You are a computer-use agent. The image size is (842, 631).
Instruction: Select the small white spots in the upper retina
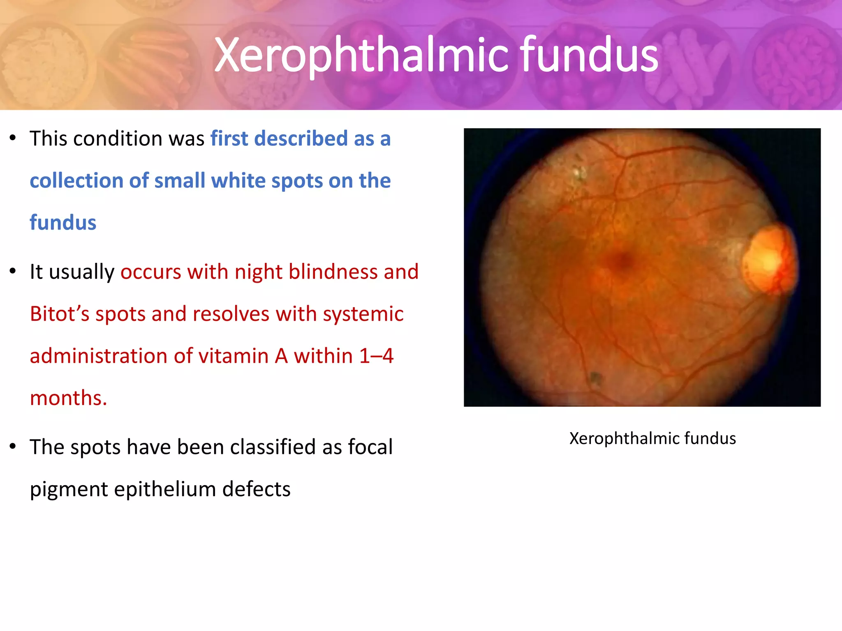[580, 173]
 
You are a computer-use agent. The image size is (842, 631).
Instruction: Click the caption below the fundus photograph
[652, 438]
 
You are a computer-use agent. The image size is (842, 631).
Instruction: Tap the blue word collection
[76, 181]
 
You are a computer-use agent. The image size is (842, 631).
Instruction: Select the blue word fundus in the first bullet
[63, 223]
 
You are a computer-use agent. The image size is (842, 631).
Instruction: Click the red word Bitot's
[60, 314]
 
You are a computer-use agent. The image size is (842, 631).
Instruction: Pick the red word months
[68, 398]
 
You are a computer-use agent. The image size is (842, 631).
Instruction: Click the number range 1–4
[376, 356]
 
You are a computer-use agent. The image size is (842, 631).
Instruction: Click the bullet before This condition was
[13, 138]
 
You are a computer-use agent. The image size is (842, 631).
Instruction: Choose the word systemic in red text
[363, 314]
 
